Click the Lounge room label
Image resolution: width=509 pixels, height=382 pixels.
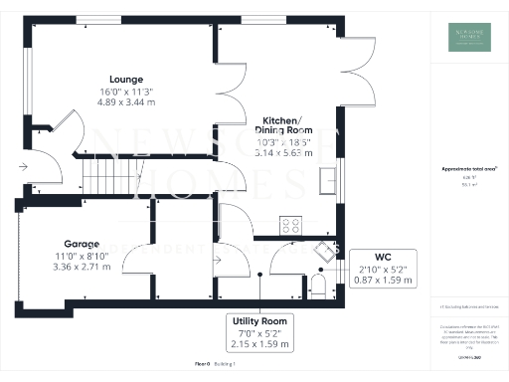click(x=127, y=80)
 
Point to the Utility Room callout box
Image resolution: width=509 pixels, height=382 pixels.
click(x=259, y=334)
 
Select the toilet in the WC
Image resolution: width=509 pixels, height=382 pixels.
click(x=318, y=287)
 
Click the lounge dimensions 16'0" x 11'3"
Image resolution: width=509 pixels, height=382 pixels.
click(x=127, y=92)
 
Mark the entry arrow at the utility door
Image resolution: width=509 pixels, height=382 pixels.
click(x=219, y=261)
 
